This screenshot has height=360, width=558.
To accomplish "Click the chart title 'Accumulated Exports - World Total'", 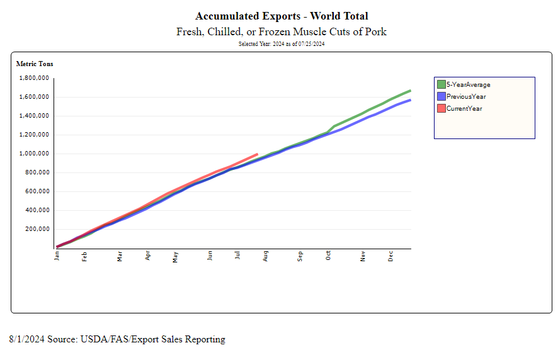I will tap(282, 16).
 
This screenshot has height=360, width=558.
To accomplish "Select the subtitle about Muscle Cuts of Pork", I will tap(282, 31).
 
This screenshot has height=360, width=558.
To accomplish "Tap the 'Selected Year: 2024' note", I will tap(282, 44).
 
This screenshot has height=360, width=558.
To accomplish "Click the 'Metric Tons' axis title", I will tap(35, 64).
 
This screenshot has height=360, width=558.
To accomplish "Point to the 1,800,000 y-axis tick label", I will tap(35, 78).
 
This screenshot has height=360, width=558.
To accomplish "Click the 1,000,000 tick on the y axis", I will tap(35, 154).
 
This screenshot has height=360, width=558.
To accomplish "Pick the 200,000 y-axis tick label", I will tap(37, 229).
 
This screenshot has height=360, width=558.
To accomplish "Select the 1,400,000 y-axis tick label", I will tap(35, 116).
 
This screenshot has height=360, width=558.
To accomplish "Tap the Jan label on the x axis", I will tap(57, 256).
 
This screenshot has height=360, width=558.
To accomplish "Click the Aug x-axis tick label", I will tap(266, 257).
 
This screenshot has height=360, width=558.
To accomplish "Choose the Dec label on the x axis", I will tap(391, 257).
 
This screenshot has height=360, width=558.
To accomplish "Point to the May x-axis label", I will tap(176, 257).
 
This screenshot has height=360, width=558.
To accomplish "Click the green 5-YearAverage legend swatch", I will tap(441, 84).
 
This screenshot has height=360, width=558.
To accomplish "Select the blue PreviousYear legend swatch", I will tap(441, 96).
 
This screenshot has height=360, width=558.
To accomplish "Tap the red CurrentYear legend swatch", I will tap(441, 108).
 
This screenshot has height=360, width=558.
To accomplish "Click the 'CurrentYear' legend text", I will tap(464, 109).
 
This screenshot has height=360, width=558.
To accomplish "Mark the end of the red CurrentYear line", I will tap(257, 154).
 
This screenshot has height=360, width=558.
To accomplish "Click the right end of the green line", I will tap(410, 91).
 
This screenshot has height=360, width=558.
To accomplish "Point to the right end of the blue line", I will tap(410, 100).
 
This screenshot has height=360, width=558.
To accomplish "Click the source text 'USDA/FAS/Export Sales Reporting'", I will tap(152, 340).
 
